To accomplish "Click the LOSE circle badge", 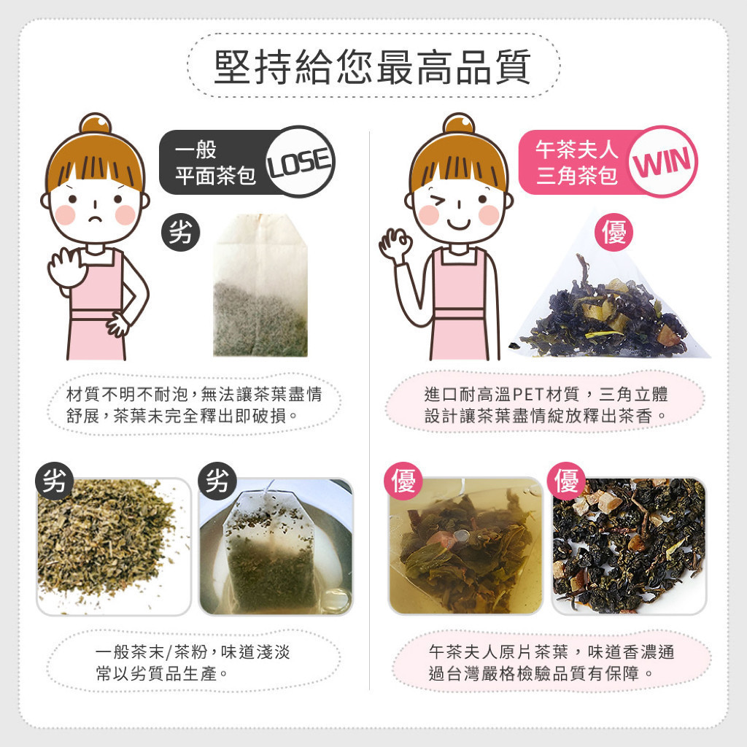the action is pos(300,161).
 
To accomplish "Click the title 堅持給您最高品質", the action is pos(373,66).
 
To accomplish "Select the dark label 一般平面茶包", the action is pos(215,163).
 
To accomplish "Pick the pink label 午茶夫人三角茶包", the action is pos(576,163).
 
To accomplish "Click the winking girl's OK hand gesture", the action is pos(395,244).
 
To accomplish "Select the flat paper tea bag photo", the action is pos(260,285).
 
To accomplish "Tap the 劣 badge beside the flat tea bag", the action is pos(181,233).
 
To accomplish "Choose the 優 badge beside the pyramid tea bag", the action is pos(614,233).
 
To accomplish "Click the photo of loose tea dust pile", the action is pos(114,546).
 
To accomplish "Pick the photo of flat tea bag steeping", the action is pos(276,546).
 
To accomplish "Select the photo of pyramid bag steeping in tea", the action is pos(466,546).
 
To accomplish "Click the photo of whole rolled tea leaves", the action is pos(629,546).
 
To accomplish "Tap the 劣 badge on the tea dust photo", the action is pos(54,481).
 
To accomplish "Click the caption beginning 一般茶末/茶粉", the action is pos(193,662).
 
